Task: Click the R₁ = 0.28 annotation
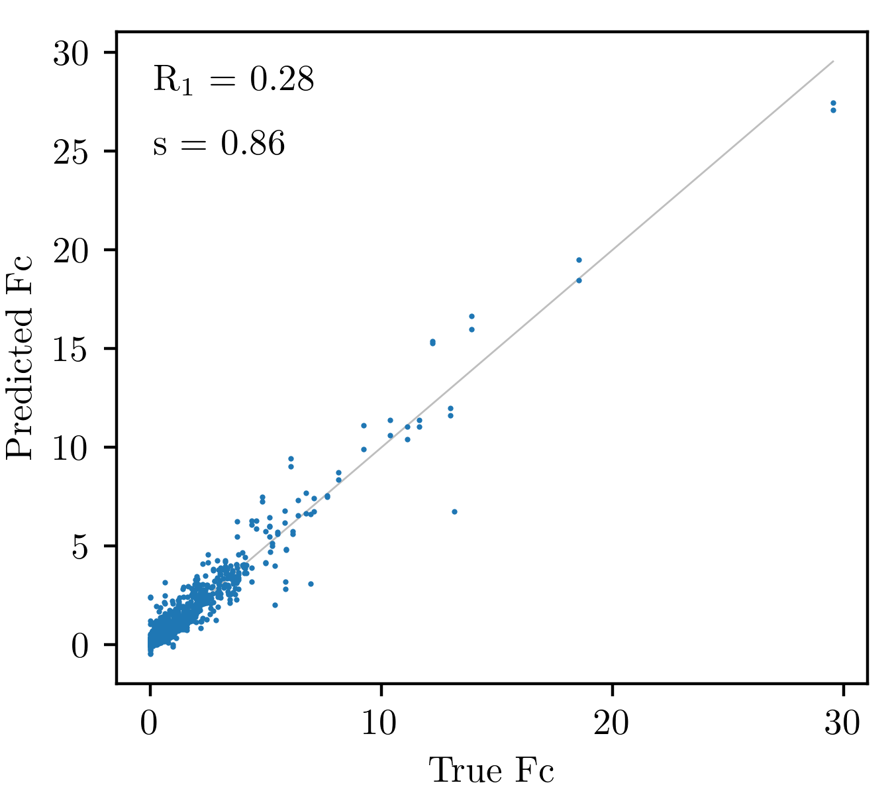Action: tap(233, 79)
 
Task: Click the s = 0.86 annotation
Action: tap(219, 144)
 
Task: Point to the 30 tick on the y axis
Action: tap(71, 54)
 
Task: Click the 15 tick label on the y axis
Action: tap(71, 350)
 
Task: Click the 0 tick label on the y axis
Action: tap(80, 647)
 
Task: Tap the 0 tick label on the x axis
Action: tap(149, 723)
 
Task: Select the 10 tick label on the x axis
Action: tap(379, 723)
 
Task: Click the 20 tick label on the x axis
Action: tap(611, 723)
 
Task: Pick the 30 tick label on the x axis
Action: tap(842, 723)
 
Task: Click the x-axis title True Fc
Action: tap(491, 770)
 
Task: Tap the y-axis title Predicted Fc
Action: tap(19, 358)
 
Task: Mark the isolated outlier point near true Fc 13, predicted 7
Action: tap(454, 511)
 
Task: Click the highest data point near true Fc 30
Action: tap(833, 103)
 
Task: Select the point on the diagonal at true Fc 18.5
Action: tap(579, 280)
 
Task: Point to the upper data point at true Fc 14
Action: tap(472, 316)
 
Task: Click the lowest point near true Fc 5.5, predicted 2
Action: tap(275, 605)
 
